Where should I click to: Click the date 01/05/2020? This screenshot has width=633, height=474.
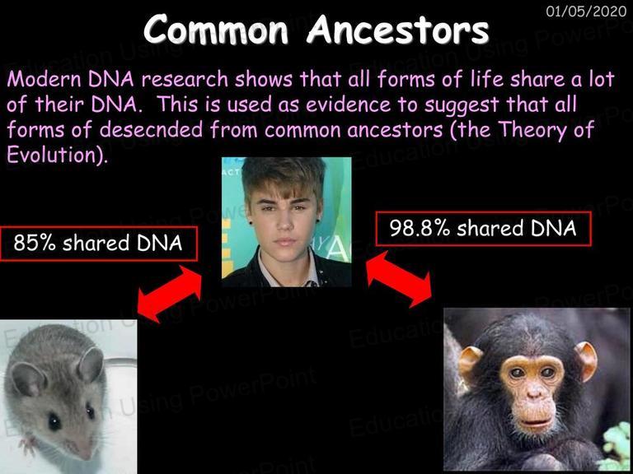[586, 12]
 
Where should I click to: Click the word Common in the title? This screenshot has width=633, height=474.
[215, 30]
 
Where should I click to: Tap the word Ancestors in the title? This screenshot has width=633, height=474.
[397, 30]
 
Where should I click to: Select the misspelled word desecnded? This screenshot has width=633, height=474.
[151, 130]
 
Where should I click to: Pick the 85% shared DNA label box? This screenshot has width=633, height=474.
[98, 244]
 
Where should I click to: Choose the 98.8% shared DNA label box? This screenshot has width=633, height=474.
[483, 229]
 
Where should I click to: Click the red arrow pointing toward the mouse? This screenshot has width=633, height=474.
[170, 294]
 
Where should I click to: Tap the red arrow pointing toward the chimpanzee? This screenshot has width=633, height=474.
[399, 279]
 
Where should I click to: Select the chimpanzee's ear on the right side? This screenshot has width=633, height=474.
[586, 360]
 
